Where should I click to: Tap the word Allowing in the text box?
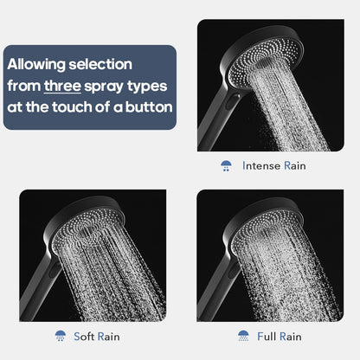(39, 64)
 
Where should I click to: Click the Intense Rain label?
(273, 164)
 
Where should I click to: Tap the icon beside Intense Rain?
(226, 164)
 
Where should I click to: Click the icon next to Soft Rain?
(60, 335)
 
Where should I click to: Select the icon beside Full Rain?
(243, 335)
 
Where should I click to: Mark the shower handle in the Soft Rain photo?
(39, 290)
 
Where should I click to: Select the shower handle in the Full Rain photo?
(214, 290)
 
